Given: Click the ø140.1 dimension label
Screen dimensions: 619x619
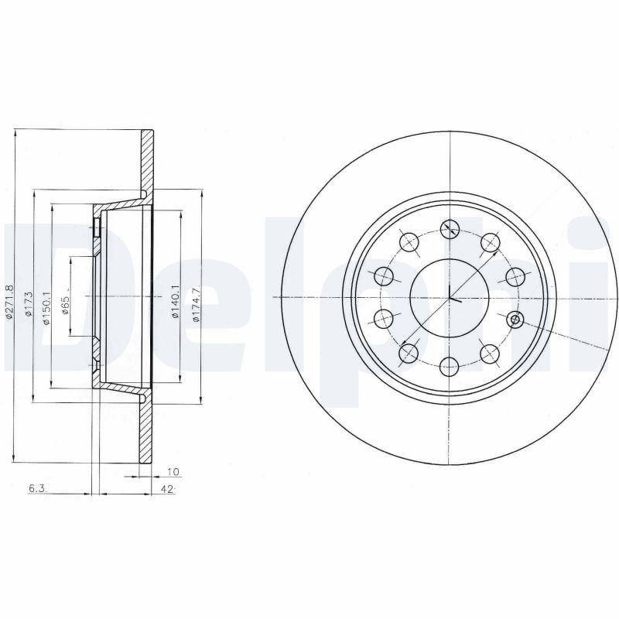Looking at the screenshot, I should click(x=176, y=300).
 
